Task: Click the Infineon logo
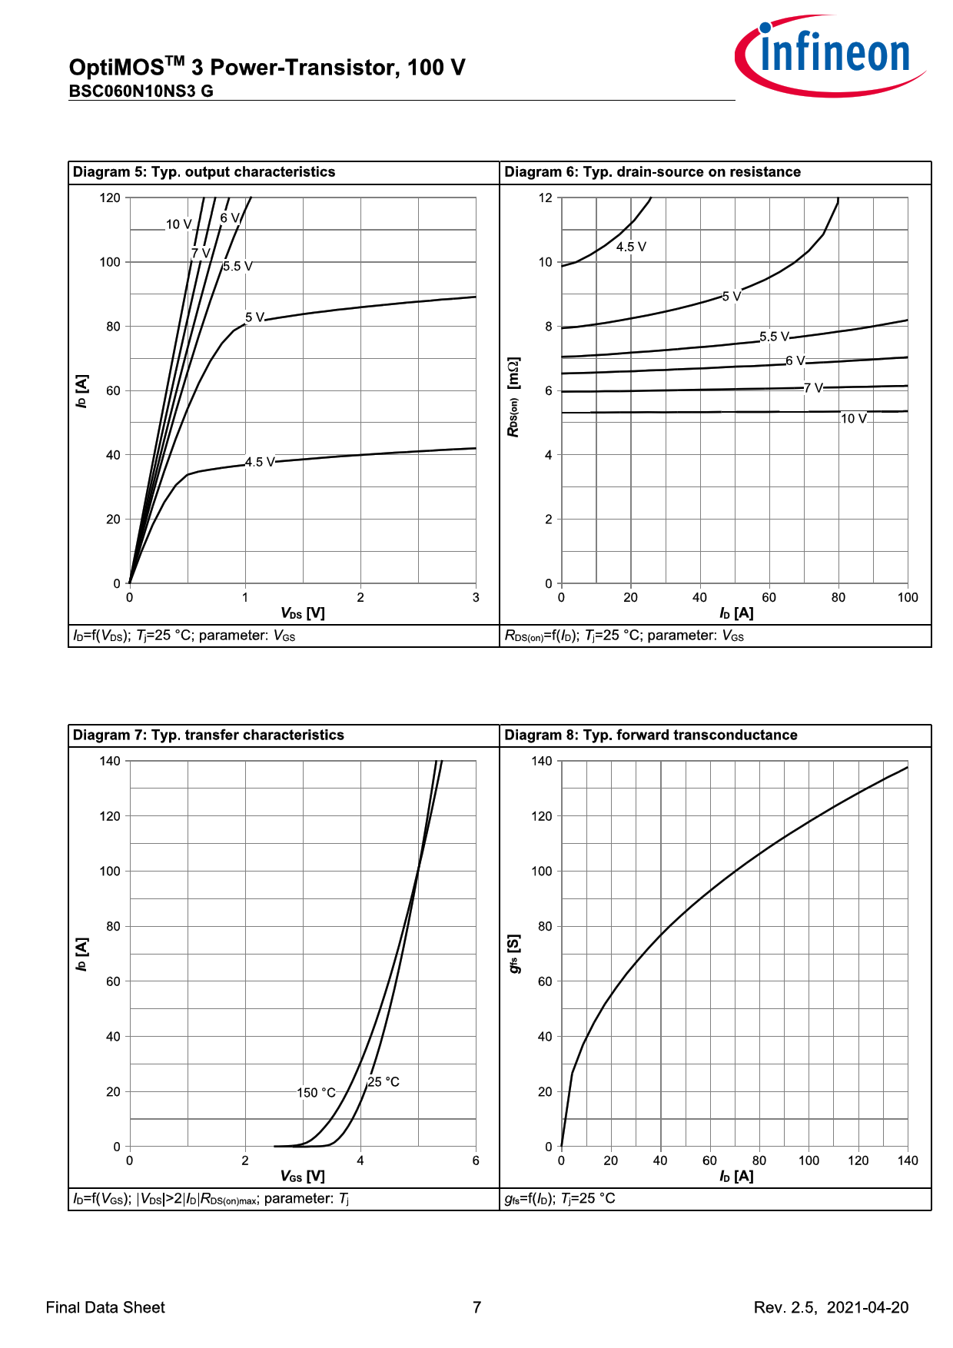click(x=830, y=55)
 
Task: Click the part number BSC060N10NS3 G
click(x=141, y=91)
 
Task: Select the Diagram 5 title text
click(x=204, y=172)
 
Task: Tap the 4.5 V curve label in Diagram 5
click(x=260, y=462)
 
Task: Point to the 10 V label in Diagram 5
click(x=178, y=224)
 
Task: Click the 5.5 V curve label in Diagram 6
click(x=774, y=337)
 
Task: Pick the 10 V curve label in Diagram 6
click(x=853, y=419)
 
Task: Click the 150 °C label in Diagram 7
click(x=316, y=1093)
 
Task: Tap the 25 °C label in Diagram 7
click(x=384, y=1082)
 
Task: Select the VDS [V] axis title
click(x=303, y=613)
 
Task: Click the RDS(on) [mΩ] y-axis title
click(x=513, y=397)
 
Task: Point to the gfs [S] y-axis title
click(x=514, y=954)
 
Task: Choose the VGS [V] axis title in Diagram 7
click(x=303, y=1177)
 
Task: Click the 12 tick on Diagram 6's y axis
click(x=546, y=198)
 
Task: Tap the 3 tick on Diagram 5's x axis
click(x=476, y=598)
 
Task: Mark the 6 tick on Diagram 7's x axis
click(x=476, y=1161)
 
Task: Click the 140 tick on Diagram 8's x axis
click(x=908, y=1161)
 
